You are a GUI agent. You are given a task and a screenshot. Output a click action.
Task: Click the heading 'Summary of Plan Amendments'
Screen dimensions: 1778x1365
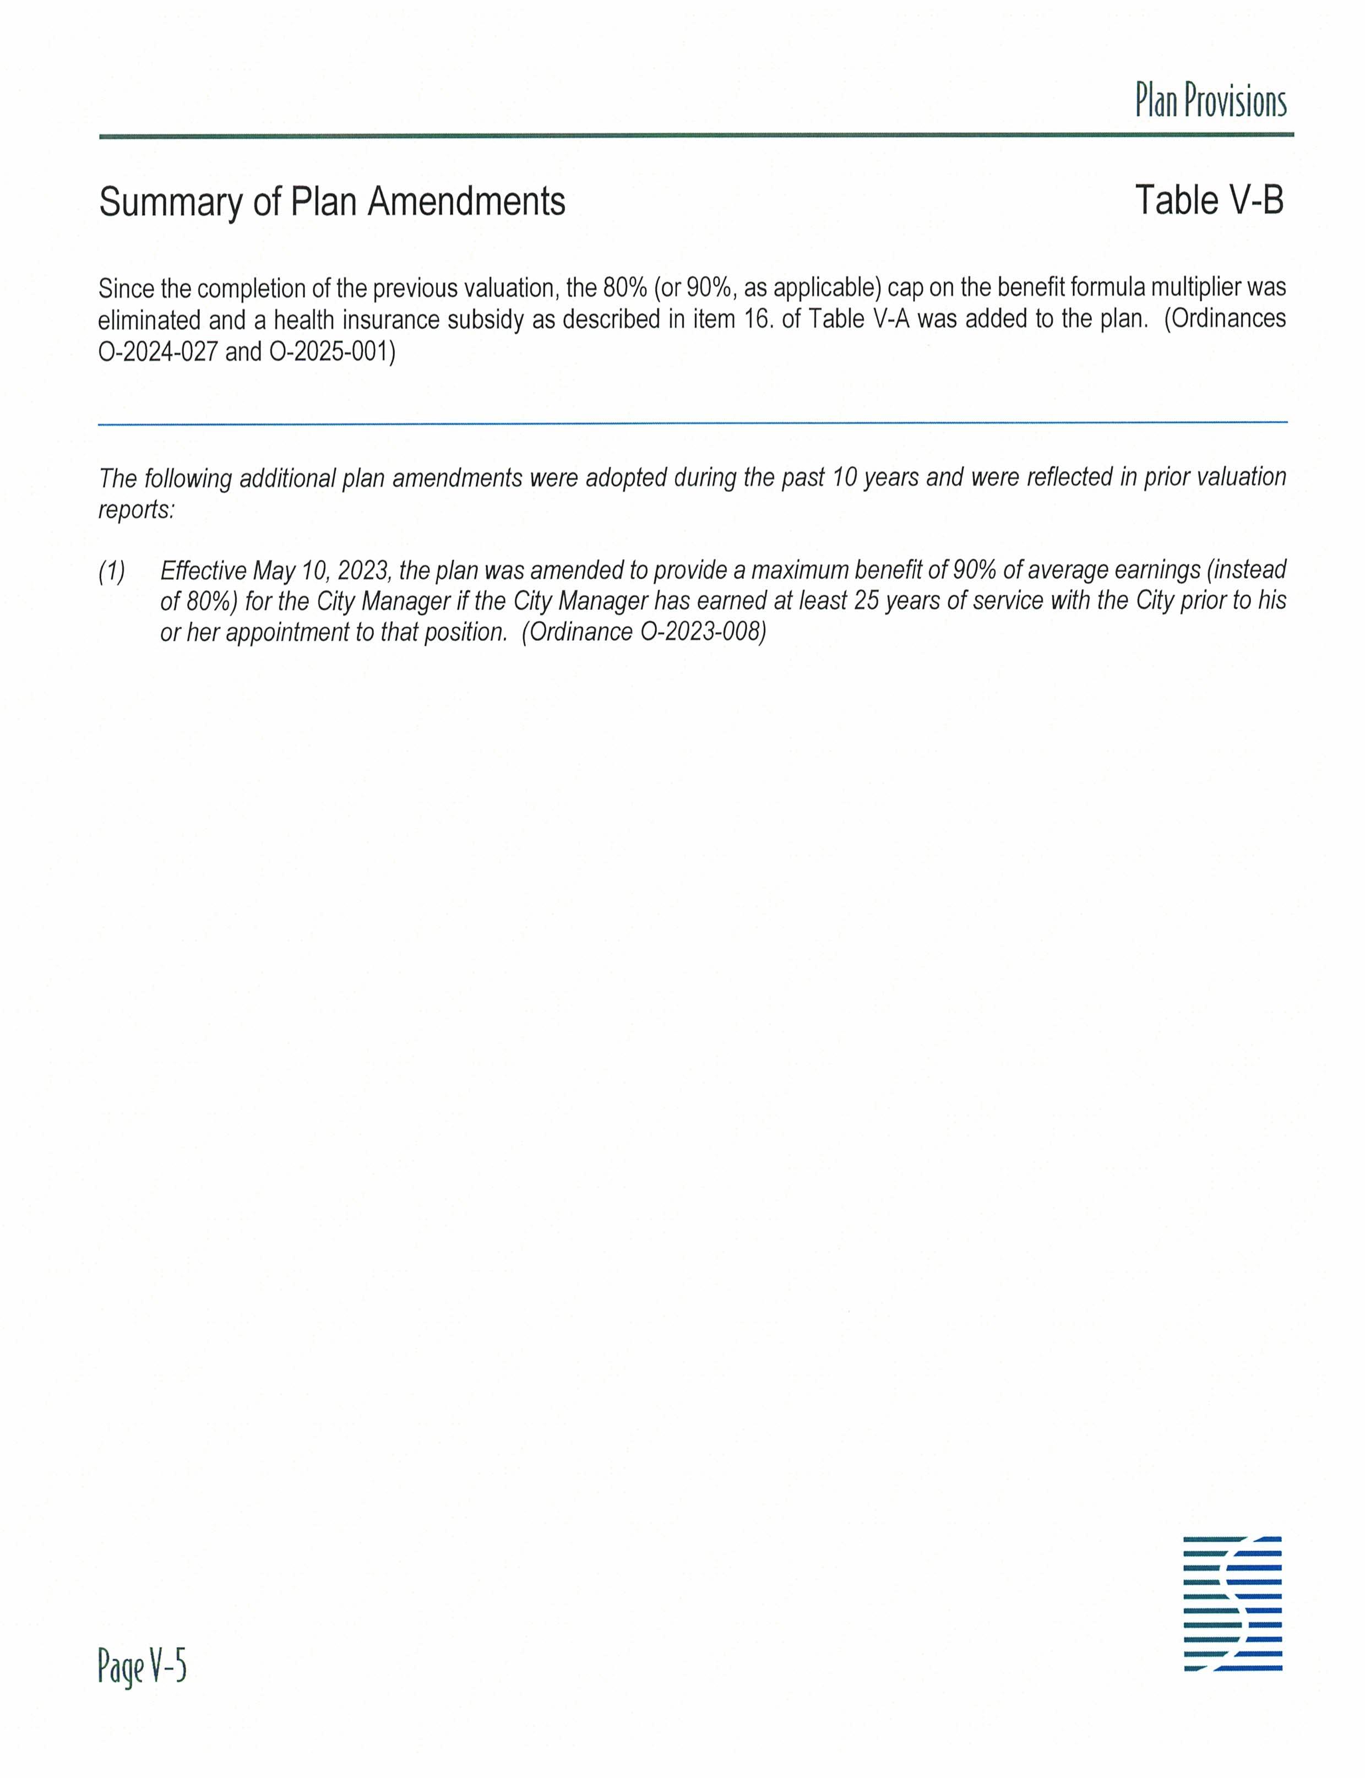(331, 202)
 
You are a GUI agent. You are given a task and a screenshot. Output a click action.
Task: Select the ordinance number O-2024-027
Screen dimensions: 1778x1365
(157, 352)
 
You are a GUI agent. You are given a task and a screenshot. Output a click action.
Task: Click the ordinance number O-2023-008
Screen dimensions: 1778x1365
(703, 632)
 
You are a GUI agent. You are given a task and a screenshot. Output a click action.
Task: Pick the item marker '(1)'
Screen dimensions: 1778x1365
(112, 571)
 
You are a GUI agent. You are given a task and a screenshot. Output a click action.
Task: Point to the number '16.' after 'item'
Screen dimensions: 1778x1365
(758, 319)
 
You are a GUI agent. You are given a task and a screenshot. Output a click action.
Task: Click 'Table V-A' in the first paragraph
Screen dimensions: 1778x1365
(859, 319)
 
